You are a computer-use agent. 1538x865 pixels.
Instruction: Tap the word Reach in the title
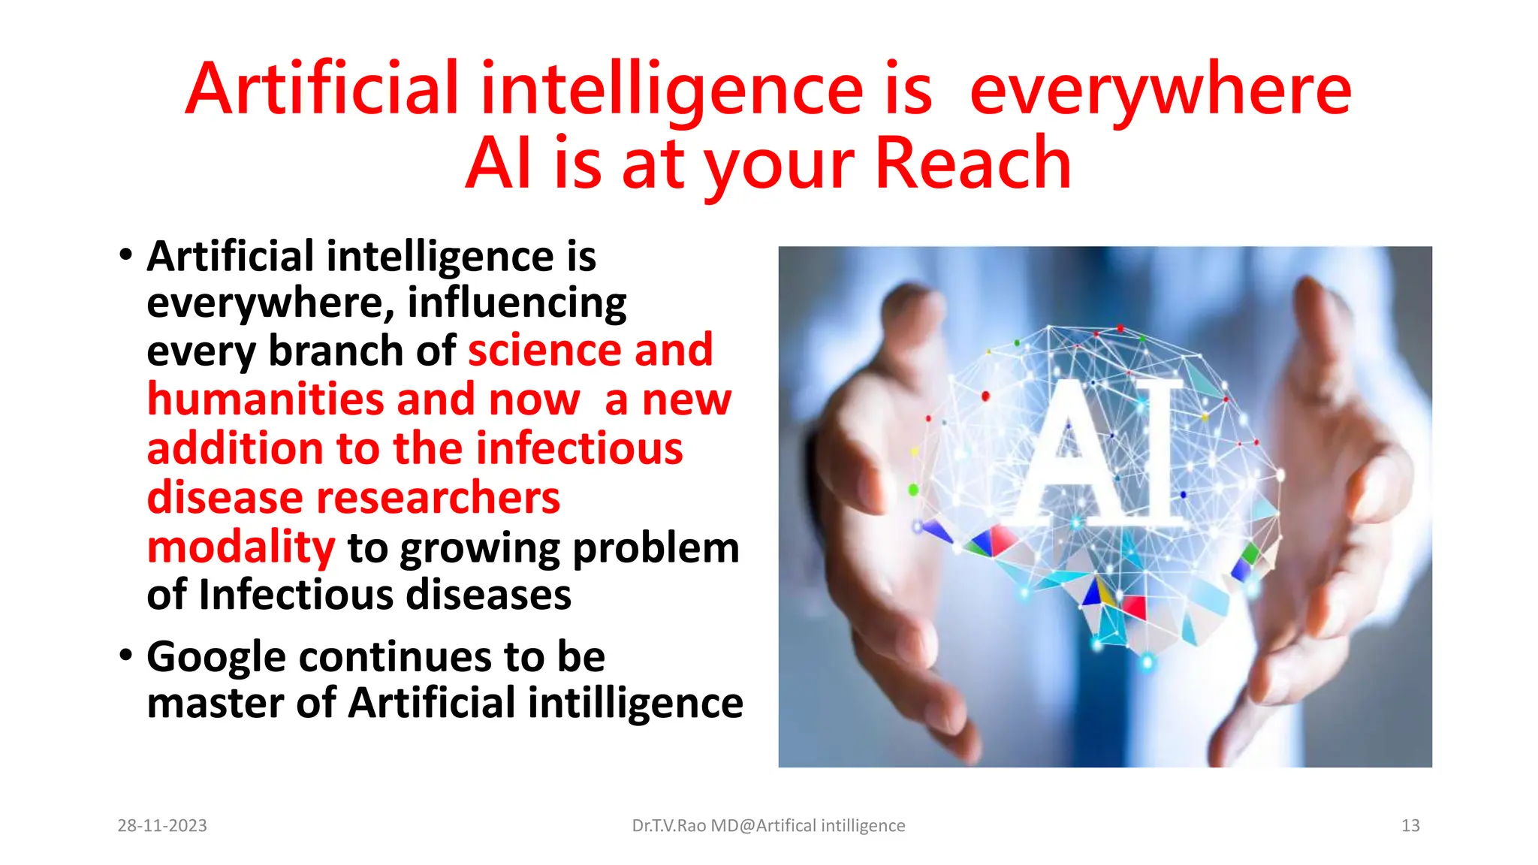click(x=973, y=164)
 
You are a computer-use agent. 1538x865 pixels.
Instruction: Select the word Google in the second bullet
click(x=216, y=658)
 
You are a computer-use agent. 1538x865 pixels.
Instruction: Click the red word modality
click(x=240, y=547)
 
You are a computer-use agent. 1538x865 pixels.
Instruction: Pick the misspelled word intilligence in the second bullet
click(x=635, y=704)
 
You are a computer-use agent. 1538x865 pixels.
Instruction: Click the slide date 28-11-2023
click(x=162, y=826)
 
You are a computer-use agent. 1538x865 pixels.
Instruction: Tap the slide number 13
click(x=1410, y=826)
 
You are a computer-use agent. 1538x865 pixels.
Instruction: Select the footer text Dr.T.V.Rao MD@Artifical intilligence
click(x=768, y=826)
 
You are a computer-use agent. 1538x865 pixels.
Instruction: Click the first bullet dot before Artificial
click(x=125, y=255)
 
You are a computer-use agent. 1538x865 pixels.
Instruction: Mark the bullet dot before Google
click(x=125, y=656)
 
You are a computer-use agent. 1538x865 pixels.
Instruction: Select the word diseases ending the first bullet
click(x=488, y=595)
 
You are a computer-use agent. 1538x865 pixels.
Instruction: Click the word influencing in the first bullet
click(x=517, y=303)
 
